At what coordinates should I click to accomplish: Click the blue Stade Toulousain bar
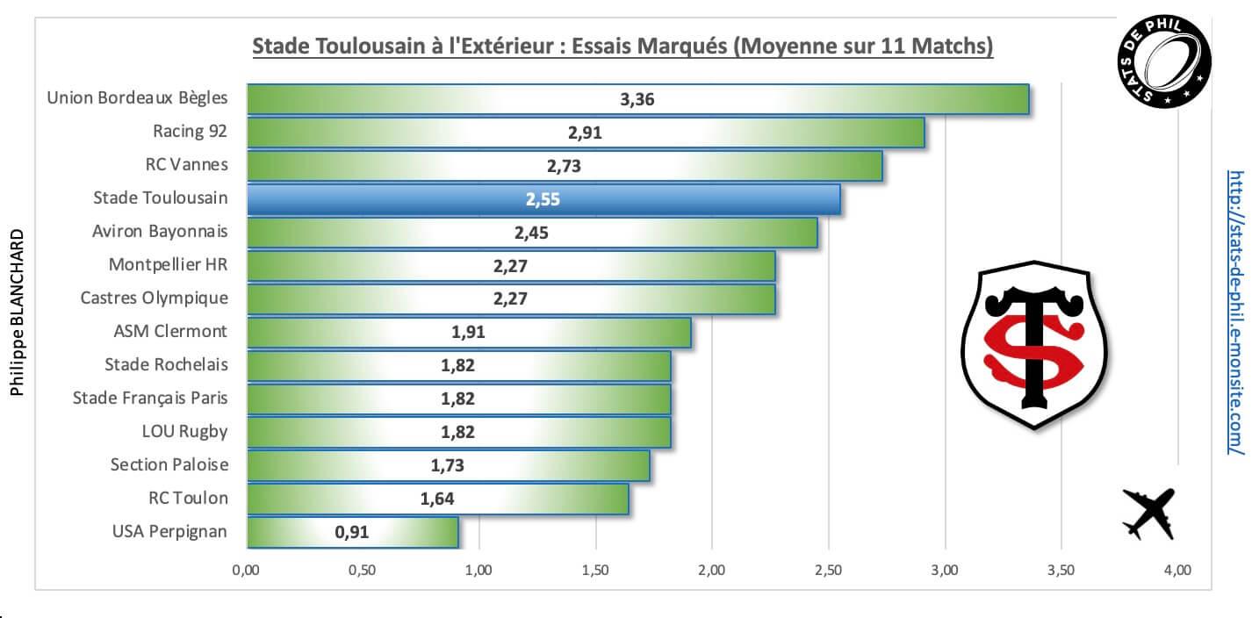tap(543, 199)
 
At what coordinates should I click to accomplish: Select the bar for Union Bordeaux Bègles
tap(637, 99)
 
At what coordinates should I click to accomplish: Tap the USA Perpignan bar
tap(352, 532)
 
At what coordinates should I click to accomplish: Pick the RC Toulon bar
tap(437, 499)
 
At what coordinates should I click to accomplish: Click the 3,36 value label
tap(637, 99)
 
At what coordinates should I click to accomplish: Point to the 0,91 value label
tap(352, 532)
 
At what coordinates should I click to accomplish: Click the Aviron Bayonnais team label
tap(160, 232)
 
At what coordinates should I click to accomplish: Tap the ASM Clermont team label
tap(170, 331)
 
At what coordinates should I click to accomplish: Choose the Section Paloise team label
tap(169, 464)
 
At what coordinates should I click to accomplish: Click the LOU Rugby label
tap(184, 431)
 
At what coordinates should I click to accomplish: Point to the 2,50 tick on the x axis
tap(828, 571)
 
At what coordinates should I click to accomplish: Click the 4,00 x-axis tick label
tap(1176, 571)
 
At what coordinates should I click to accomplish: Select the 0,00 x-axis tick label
tap(246, 571)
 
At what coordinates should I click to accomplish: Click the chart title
tap(622, 46)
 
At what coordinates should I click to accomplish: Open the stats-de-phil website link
tap(1236, 312)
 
